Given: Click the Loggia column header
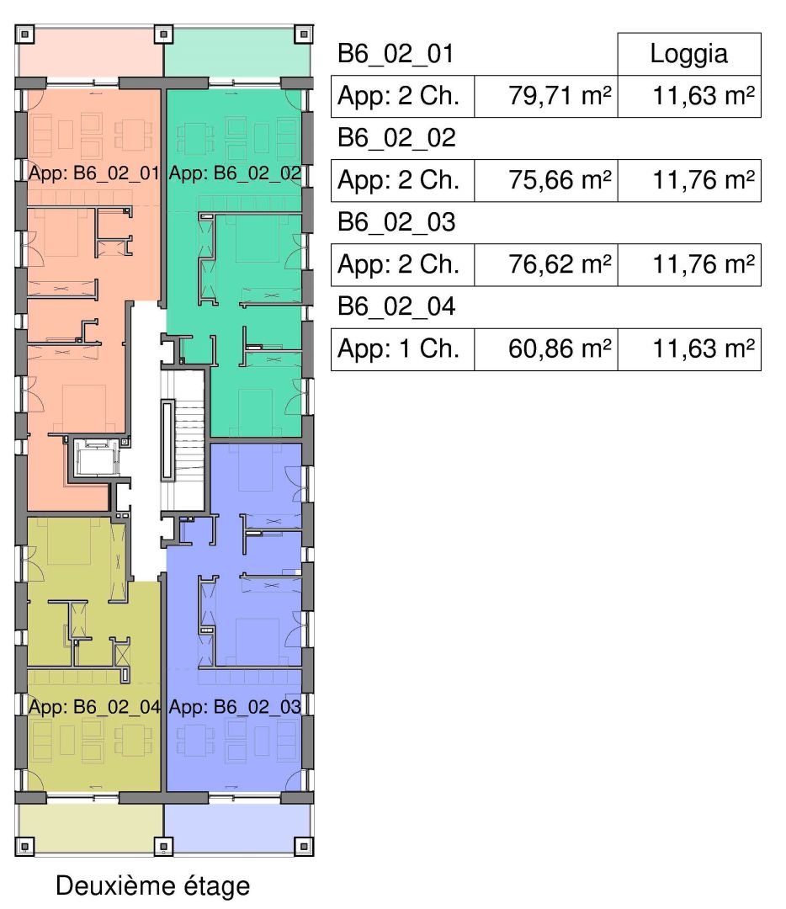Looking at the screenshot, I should coord(688,55).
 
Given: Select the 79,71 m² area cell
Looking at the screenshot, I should coord(546,97).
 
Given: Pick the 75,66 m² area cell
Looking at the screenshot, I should coord(546,181).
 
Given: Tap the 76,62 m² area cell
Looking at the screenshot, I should coord(546,265).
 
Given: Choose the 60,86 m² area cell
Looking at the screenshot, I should coord(546,349).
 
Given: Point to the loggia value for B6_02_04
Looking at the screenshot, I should coord(688,349).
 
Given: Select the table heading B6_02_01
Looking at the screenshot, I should coord(396,55).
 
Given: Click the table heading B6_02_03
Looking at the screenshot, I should coord(396,223).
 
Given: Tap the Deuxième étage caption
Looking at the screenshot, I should coord(153,885).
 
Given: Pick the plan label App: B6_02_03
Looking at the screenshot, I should coord(235,706).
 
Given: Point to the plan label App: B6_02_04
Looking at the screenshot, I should coord(94,706).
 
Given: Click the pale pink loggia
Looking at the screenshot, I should coord(88,55).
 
